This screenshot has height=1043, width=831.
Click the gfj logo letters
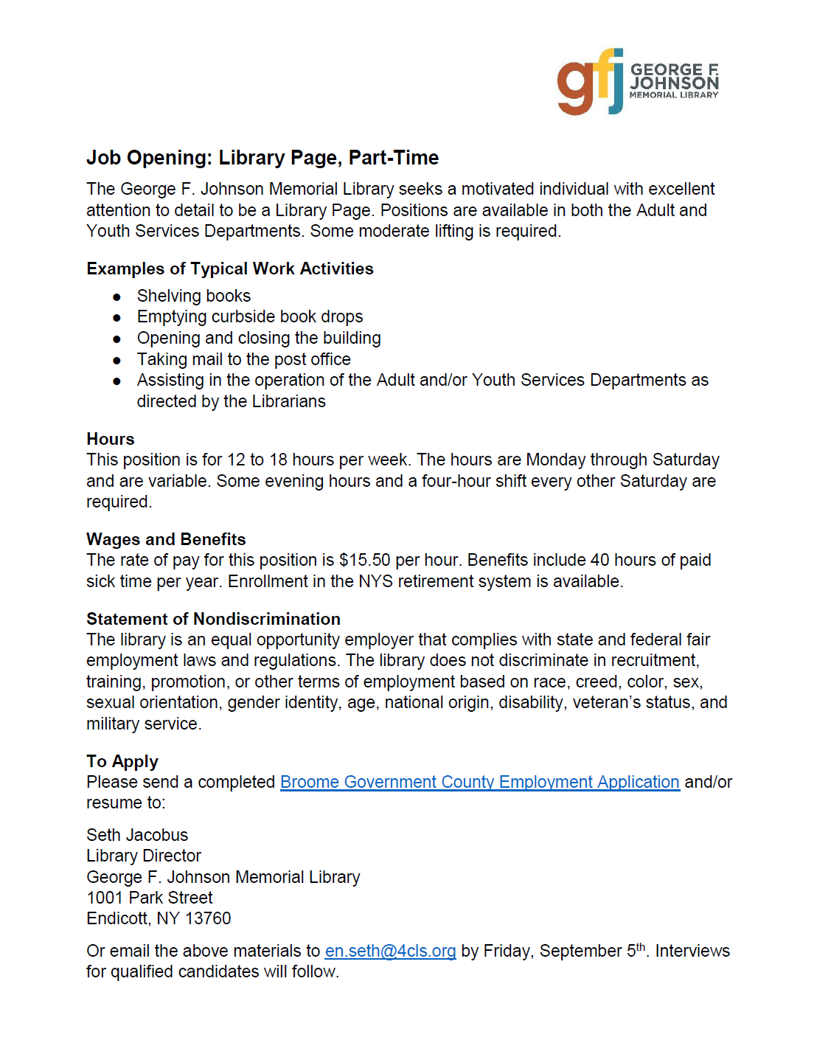coord(590,83)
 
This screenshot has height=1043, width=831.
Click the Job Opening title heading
coord(262,158)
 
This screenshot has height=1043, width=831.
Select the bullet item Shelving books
coord(194,296)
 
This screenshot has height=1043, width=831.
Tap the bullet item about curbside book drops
coord(250,316)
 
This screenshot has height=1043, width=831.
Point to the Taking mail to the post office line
coord(244,359)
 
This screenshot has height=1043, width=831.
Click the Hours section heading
coord(111,439)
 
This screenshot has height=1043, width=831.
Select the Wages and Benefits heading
coord(166,539)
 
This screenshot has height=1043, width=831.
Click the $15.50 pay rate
coord(364,560)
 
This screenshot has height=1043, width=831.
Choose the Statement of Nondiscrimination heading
coord(213,619)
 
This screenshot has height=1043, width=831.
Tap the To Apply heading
coord(122,761)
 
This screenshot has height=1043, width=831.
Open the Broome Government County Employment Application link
coord(479,782)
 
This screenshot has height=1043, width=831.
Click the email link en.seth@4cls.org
coord(390,951)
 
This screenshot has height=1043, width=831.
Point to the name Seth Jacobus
coord(137,835)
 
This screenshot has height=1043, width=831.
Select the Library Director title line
coord(144,856)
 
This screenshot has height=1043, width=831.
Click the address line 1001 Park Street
coord(150,898)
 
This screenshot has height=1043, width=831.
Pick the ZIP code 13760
coord(208,918)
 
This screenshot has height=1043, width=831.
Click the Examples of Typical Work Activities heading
coord(230,268)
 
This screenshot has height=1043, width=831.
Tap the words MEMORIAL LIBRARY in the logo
coord(674,95)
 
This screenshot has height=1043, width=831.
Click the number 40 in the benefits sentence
coord(600,560)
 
